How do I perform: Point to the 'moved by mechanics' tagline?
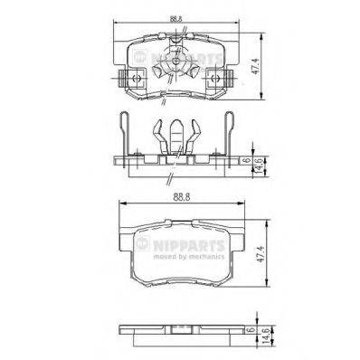tap(192, 255)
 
